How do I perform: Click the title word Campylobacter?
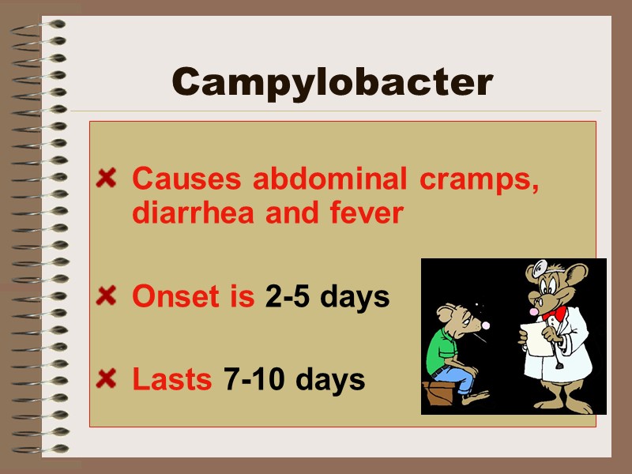(332, 81)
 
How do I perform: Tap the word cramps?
(478, 181)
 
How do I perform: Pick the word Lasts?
(171, 379)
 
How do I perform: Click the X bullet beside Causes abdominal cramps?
(105, 179)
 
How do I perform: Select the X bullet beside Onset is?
(105, 297)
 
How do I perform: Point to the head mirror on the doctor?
(540, 269)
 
